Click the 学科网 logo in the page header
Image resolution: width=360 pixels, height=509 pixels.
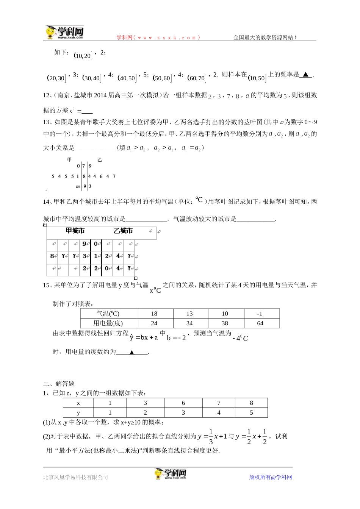tap(64, 33)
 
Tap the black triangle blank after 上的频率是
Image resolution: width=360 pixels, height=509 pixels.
tap(305, 75)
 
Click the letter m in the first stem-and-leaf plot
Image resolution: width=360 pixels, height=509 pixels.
tap(78, 186)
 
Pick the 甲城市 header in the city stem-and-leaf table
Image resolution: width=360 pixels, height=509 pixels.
tap(75, 231)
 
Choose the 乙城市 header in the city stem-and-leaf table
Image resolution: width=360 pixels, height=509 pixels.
tap(123, 231)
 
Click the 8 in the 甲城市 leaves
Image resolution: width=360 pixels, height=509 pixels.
tap(52, 256)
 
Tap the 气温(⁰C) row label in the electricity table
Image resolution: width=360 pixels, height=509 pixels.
tap(108, 314)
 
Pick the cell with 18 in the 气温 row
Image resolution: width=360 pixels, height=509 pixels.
tap(154, 314)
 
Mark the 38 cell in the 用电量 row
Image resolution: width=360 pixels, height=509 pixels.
tap(225, 323)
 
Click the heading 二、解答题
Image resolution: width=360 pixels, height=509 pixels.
tap(59, 384)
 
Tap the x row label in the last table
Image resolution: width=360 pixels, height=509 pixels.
tap(78, 403)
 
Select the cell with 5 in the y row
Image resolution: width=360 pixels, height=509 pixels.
tap(251, 412)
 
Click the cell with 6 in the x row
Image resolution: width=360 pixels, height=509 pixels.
tap(183, 403)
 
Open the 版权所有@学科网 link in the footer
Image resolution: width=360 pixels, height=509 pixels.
tap(271, 477)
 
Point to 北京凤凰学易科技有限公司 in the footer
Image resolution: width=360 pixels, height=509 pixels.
tap(76, 477)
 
